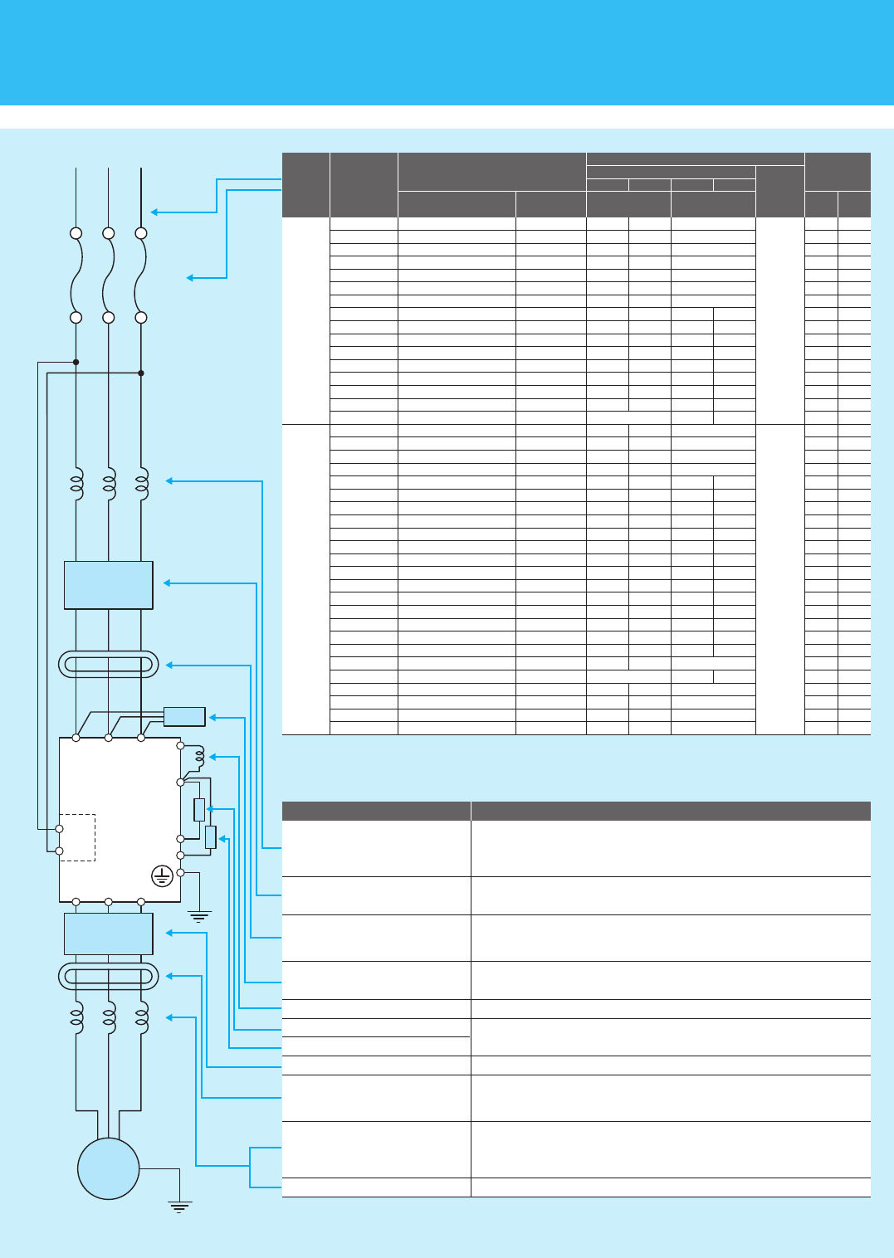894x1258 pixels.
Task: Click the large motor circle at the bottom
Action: tap(108, 1168)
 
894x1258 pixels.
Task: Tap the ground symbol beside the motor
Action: tap(179, 1205)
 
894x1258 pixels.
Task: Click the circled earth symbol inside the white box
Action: tap(162, 875)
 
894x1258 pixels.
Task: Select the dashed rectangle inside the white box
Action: tap(77, 837)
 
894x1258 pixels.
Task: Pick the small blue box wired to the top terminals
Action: tap(184, 717)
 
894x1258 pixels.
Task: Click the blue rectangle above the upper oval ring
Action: tap(108, 585)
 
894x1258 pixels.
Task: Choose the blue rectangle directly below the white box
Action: tap(108, 934)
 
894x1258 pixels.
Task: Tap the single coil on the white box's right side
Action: tap(199, 757)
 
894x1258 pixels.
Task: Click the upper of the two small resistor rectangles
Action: tap(199, 809)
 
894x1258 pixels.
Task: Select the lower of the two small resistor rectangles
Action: tap(211, 837)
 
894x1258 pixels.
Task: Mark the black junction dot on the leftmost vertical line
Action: tap(76, 362)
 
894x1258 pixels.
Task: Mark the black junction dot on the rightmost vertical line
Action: tap(141, 373)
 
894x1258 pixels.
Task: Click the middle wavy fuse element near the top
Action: tap(108, 275)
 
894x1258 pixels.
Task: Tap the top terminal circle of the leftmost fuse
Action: tap(76, 233)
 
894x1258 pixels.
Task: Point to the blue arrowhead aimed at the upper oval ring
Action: tap(169, 665)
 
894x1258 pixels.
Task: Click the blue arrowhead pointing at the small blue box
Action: tap(213, 717)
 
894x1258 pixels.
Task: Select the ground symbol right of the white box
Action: tap(199, 916)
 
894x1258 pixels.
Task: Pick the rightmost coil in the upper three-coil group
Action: tap(142, 485)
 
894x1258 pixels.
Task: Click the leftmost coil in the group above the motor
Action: tap(76, 1017)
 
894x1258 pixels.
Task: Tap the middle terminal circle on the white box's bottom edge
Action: tap(108, 901)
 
